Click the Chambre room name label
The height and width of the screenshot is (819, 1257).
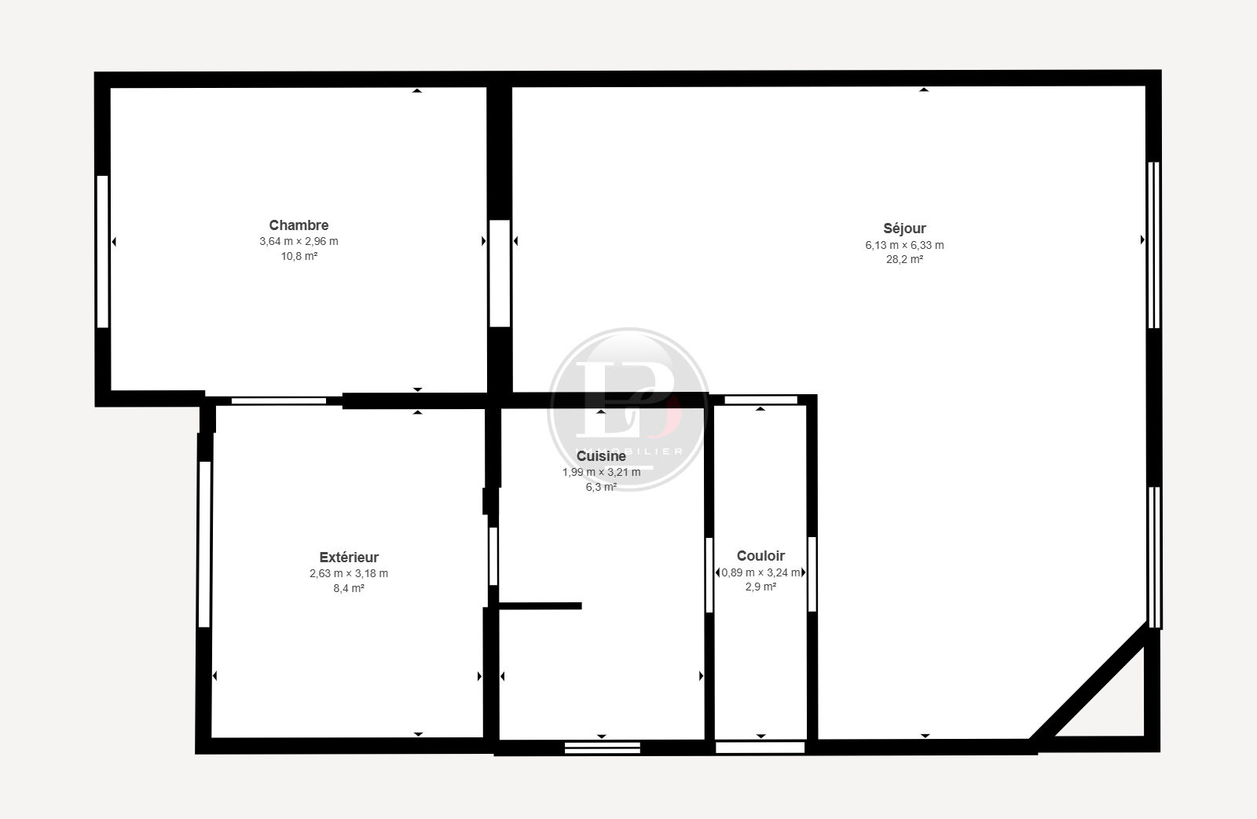pyautogui.click(x=299, y=225)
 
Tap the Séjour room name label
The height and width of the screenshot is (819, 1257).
pyautogui.click(x=904, y=229)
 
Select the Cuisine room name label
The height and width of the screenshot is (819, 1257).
pyautogui.click(x=601, y=456)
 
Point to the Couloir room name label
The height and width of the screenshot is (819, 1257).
pyautogui.click(x=760, y=555)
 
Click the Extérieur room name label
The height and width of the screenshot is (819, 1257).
pyautogui.click(x=349, y=557)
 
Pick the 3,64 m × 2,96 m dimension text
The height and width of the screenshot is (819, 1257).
pyautogui.click(x=299, y=241)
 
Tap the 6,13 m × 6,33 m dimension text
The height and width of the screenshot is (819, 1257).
pyautogui.click(x=904, y=245)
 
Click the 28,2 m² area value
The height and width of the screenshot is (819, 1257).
pyautogui.click(x=904, y=259)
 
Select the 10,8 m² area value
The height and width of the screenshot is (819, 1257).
pyautogui.click(x=299, y=256)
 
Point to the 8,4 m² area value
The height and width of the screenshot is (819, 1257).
pyautogui.click(x=349, y=588)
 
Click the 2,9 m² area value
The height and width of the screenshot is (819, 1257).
pyautogui.click(x=760, y=587)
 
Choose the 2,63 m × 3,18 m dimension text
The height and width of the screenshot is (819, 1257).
pyautogui.click(x=349, y=573)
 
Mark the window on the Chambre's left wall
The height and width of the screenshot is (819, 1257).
pyautogui.click(x=102, y=251)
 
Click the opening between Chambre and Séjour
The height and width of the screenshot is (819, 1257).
pyautogui.click(x=500, y=273)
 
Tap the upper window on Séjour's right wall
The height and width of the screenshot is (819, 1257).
pyautogui.click(x=1154, y=245)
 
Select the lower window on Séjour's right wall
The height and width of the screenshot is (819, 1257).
pyautogui.click(x=1154, y=557)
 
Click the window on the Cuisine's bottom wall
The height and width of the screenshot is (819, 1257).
pyautogui.click(x=602, y=748)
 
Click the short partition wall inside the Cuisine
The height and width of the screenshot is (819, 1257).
pyautogui.click(x=540, y=606)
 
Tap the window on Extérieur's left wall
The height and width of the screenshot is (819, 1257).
pyautogui.click(x=204, y=544)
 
